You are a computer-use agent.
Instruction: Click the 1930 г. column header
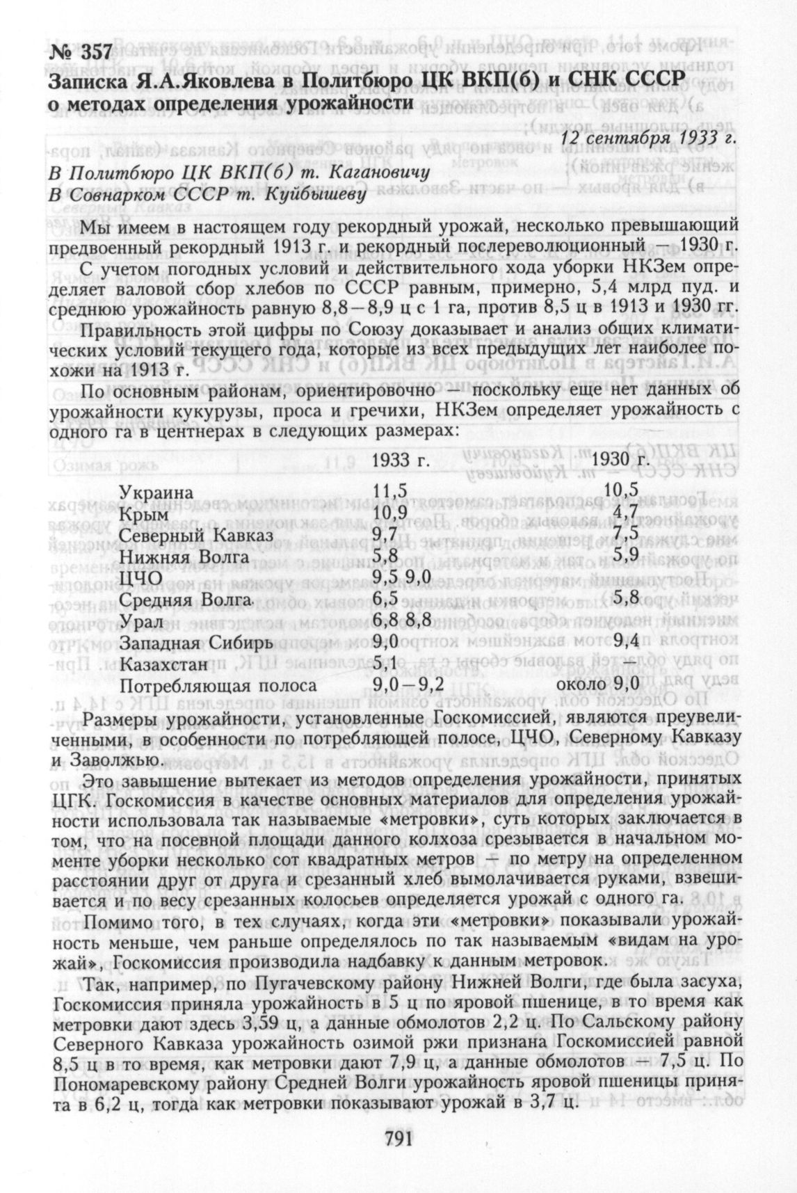(x=621, y=460)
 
